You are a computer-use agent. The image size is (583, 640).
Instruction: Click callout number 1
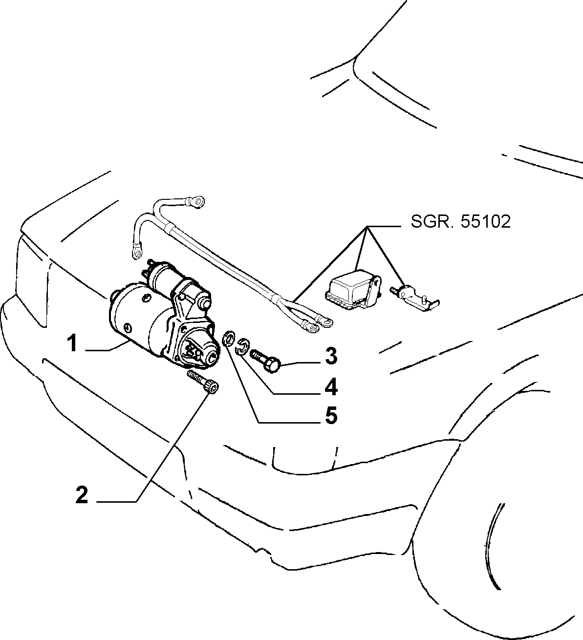[73, 342]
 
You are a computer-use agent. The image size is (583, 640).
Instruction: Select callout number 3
[331, 356]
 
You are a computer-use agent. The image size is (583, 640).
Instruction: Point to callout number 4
[331, 386]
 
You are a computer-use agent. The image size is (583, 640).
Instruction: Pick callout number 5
[331, 416]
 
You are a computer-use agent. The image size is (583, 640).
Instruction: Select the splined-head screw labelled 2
[203, 382]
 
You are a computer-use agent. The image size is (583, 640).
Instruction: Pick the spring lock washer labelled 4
[243, 345]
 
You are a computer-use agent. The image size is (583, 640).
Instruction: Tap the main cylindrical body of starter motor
[137, 319]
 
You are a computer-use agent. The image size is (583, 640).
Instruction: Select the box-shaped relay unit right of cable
[353, 289]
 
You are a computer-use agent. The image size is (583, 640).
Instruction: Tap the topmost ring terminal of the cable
[195, 201]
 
